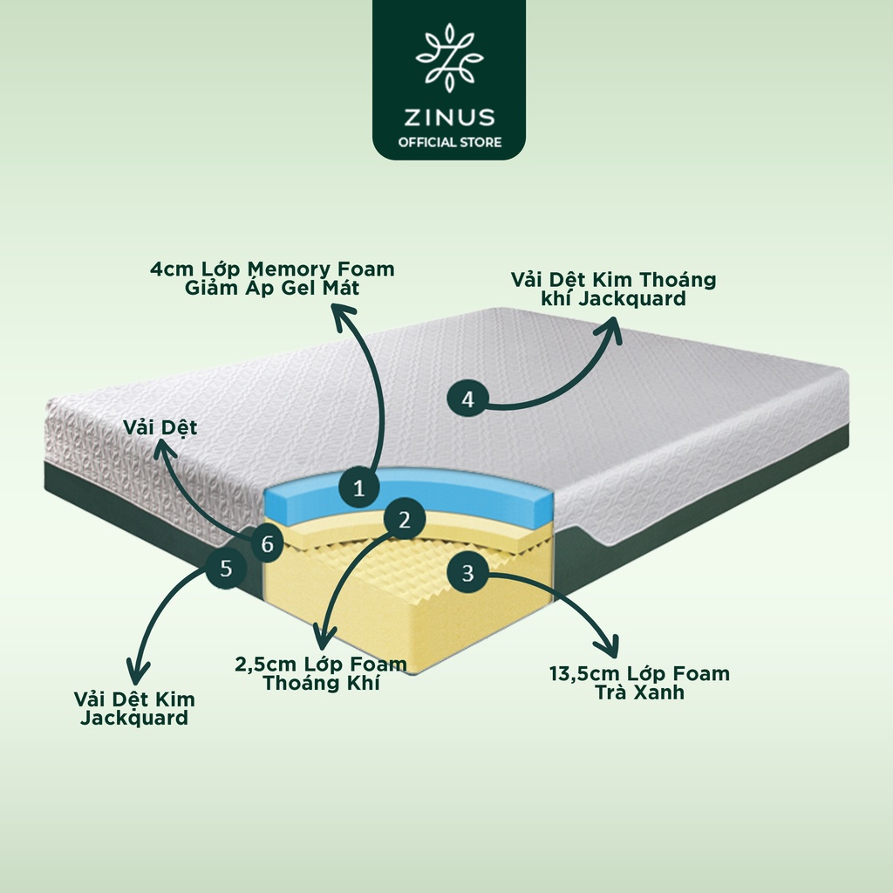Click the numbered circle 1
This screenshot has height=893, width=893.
tap(358, 488)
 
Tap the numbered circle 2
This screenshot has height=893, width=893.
tap(405, 520)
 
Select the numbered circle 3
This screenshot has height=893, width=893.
tap(467, 573)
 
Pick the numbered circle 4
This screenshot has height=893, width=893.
tap(467, 399)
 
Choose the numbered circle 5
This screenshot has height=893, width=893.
tap(226, 568)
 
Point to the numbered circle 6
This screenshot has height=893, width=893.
tap(267, 543)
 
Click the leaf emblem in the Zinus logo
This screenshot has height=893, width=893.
tap(449, 57)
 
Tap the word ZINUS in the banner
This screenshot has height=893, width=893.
tap(449, 118)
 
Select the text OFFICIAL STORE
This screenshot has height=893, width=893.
tap(449, 142)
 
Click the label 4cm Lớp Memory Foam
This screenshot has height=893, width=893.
tap(272, 269)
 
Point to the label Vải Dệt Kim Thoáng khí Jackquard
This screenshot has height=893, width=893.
tap(613, 289)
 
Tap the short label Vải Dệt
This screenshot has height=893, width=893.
tap(160, 427)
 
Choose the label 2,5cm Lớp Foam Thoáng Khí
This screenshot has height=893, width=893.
tap(321, 673)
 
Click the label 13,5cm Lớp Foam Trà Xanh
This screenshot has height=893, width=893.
tap(639, 683)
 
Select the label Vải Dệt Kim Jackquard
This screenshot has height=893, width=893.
tap(134, 708)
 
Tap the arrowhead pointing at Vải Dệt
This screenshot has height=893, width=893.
tap(164, 450)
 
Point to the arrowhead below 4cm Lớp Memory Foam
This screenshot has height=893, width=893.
tap(344, 314)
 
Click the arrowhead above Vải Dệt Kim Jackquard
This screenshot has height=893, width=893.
tap(137, 672)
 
